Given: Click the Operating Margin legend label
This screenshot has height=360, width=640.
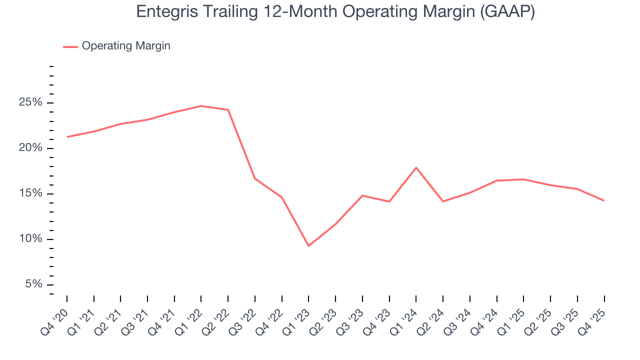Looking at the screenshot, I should [126, 46].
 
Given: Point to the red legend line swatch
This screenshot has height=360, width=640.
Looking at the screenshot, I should [70, 46].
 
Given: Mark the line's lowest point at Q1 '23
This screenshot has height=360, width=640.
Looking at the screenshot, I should [308, 245].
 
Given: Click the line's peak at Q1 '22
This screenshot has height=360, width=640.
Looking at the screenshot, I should [201, 106].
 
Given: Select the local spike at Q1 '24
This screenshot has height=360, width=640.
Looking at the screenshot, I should [416, 167].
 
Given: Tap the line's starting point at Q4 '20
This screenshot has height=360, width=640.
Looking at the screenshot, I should [67, 136].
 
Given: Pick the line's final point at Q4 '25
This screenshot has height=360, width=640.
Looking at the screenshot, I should [604, 200].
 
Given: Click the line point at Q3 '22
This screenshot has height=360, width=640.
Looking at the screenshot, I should [255, 178].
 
